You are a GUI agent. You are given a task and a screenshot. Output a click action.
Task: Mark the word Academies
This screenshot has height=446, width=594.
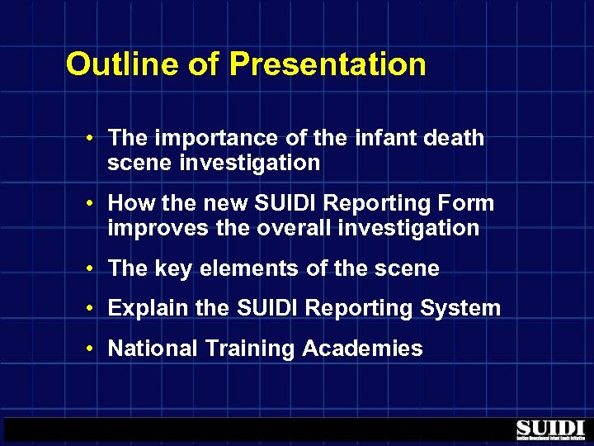362,348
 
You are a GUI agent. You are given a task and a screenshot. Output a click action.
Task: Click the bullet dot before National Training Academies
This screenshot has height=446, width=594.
96,349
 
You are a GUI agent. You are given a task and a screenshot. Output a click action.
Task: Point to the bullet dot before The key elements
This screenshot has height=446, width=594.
96,269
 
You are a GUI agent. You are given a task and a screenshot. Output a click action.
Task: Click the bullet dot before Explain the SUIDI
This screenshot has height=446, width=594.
96,309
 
